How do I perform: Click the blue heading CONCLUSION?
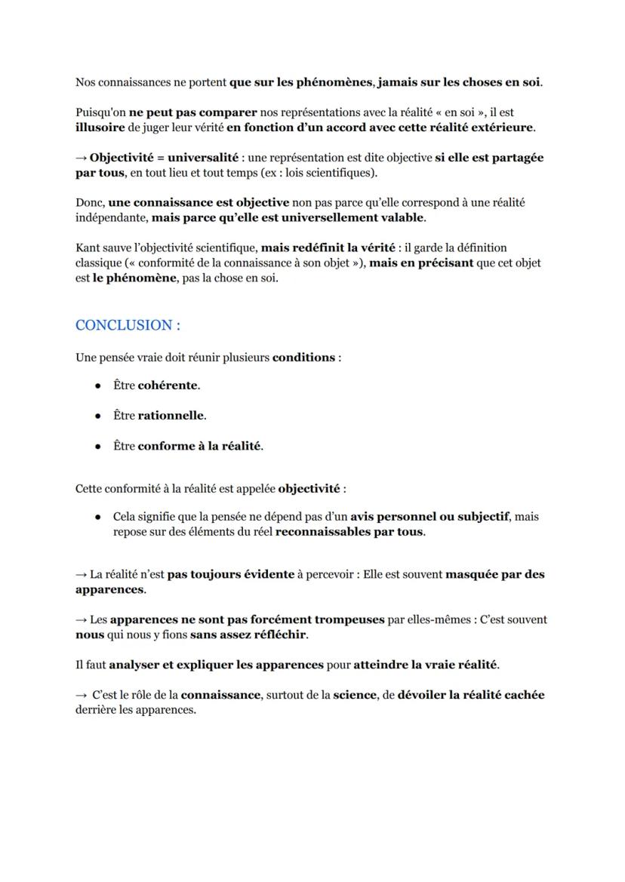pyautogui.click(x=128, y=325)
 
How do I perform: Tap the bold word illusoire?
pyautogui.click(x=100, y=128)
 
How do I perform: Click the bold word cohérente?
pyautogui.click(x=168, y=386)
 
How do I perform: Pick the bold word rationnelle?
pyautogui.click(x=171, y=416)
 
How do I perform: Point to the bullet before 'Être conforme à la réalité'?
pyautogui.click(x=98, y=447)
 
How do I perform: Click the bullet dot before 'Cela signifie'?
pyautogui.click(x=98, y=518)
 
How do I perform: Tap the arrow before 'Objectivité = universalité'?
pyautogui.click(x=81, y=158)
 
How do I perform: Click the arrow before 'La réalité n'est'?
pyautogui.click(x=81, y=574)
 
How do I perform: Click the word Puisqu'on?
pyautogui.click(x=100, y=112)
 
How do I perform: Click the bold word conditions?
pyautogui.click(x=303, y=357)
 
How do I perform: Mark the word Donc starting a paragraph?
pyautogui.click(x=89, y=202)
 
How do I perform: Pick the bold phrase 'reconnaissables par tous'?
pyautogui.click(x=349, y=532)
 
